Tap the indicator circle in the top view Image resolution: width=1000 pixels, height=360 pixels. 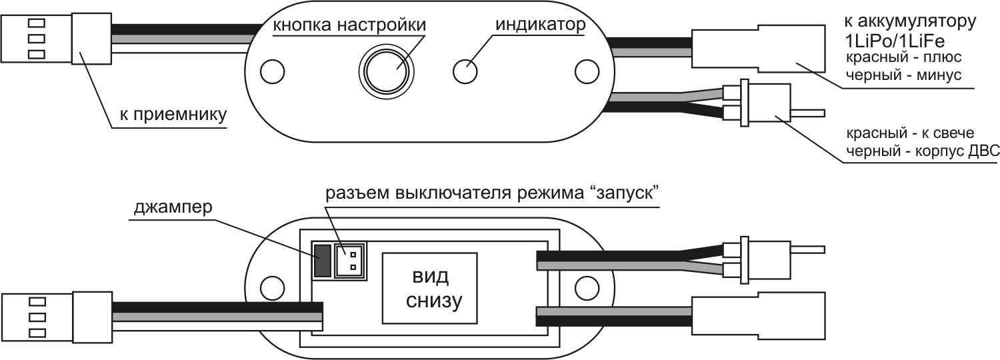click(466, 69)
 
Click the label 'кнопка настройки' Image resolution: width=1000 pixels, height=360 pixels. click(349, 25)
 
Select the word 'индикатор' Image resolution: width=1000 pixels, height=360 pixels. click(540, 25)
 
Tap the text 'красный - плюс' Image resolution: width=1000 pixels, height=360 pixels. click(903, 57)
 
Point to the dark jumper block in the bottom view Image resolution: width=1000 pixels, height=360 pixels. click(323, 261)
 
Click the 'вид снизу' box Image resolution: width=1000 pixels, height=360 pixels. click(431, 288)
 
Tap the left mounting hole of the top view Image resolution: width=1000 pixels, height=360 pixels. click(271, 70)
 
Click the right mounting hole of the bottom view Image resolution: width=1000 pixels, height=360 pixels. click(585, 287)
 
